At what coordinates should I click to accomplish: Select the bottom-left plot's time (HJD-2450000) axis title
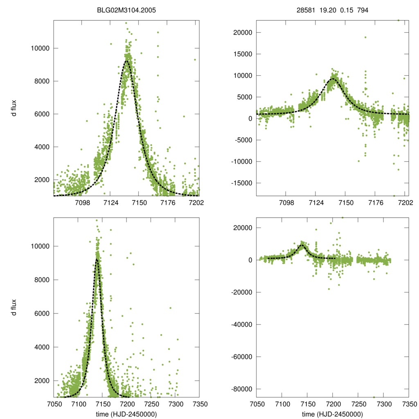(x=126, y=414)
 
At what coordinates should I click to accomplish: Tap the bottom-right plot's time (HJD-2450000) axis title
(x=332, y=414)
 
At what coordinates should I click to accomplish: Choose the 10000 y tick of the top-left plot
(x=40, y=48)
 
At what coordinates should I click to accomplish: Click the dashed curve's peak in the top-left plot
(x=127, y=61)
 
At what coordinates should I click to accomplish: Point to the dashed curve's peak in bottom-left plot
(x=97, y=259)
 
